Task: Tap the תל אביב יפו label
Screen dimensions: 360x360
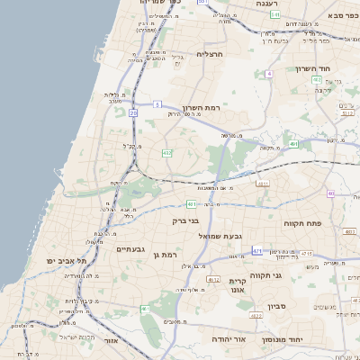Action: (69, 260)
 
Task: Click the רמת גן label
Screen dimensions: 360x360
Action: (167, 256)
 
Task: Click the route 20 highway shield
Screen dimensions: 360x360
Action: (133, 112)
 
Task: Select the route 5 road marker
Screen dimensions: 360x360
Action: (158, 103)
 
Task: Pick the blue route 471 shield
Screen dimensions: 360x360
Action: (257, 251)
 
